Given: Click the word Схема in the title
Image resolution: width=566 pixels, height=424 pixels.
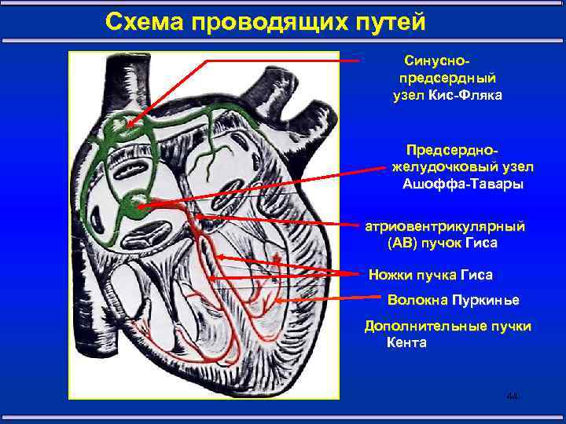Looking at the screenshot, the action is pos(143,22).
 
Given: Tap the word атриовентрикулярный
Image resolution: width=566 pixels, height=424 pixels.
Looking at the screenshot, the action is pos(445,226).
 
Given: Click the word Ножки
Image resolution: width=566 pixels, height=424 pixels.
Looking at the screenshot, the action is pos(391,275).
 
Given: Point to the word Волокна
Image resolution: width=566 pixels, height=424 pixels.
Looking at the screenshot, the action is pos(417,301).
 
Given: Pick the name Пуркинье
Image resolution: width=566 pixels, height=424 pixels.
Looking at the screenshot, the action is pos(485,301).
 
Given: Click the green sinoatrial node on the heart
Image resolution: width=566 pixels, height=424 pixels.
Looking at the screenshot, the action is pos(119,128).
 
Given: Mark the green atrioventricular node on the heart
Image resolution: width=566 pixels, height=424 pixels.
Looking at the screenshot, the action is pos(132,208).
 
